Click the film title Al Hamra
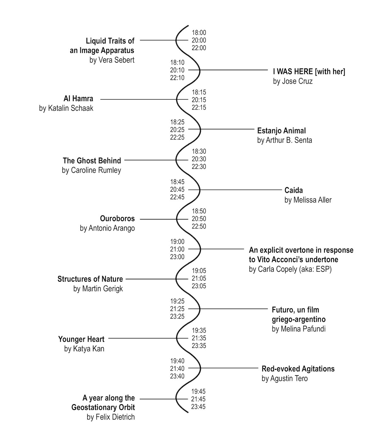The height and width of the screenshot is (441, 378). (x=78, y=99)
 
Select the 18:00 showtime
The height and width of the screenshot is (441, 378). (x=199, y=33)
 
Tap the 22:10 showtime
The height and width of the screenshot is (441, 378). (x=177, y=78)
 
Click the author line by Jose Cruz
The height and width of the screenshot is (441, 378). (x=293, y=81)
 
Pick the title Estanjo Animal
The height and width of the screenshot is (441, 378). (x=281, y=131)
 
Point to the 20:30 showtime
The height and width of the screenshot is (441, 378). (x=199, y=159)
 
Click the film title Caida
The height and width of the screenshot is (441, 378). (x=294, y=190)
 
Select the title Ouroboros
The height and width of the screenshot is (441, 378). (x=117, y=219)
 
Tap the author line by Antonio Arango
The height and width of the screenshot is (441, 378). (x=107, y=228)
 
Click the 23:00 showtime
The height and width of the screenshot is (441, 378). (x=177, y=257)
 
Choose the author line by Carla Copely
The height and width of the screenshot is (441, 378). (x=290, y=269)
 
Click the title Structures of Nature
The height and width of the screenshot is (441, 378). (x=90, y=279)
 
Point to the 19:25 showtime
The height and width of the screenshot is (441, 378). (x=177, y=301)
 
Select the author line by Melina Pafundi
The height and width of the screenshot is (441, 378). (x=299, y=329)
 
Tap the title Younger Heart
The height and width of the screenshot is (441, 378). (x=81, y=339)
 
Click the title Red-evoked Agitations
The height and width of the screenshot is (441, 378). (x=298, y=369)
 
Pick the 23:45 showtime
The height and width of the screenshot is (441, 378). (x=198, y=407)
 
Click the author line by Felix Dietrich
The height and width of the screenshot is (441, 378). (x=111, y=417)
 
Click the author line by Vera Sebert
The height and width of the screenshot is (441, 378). (x=112, y=60)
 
